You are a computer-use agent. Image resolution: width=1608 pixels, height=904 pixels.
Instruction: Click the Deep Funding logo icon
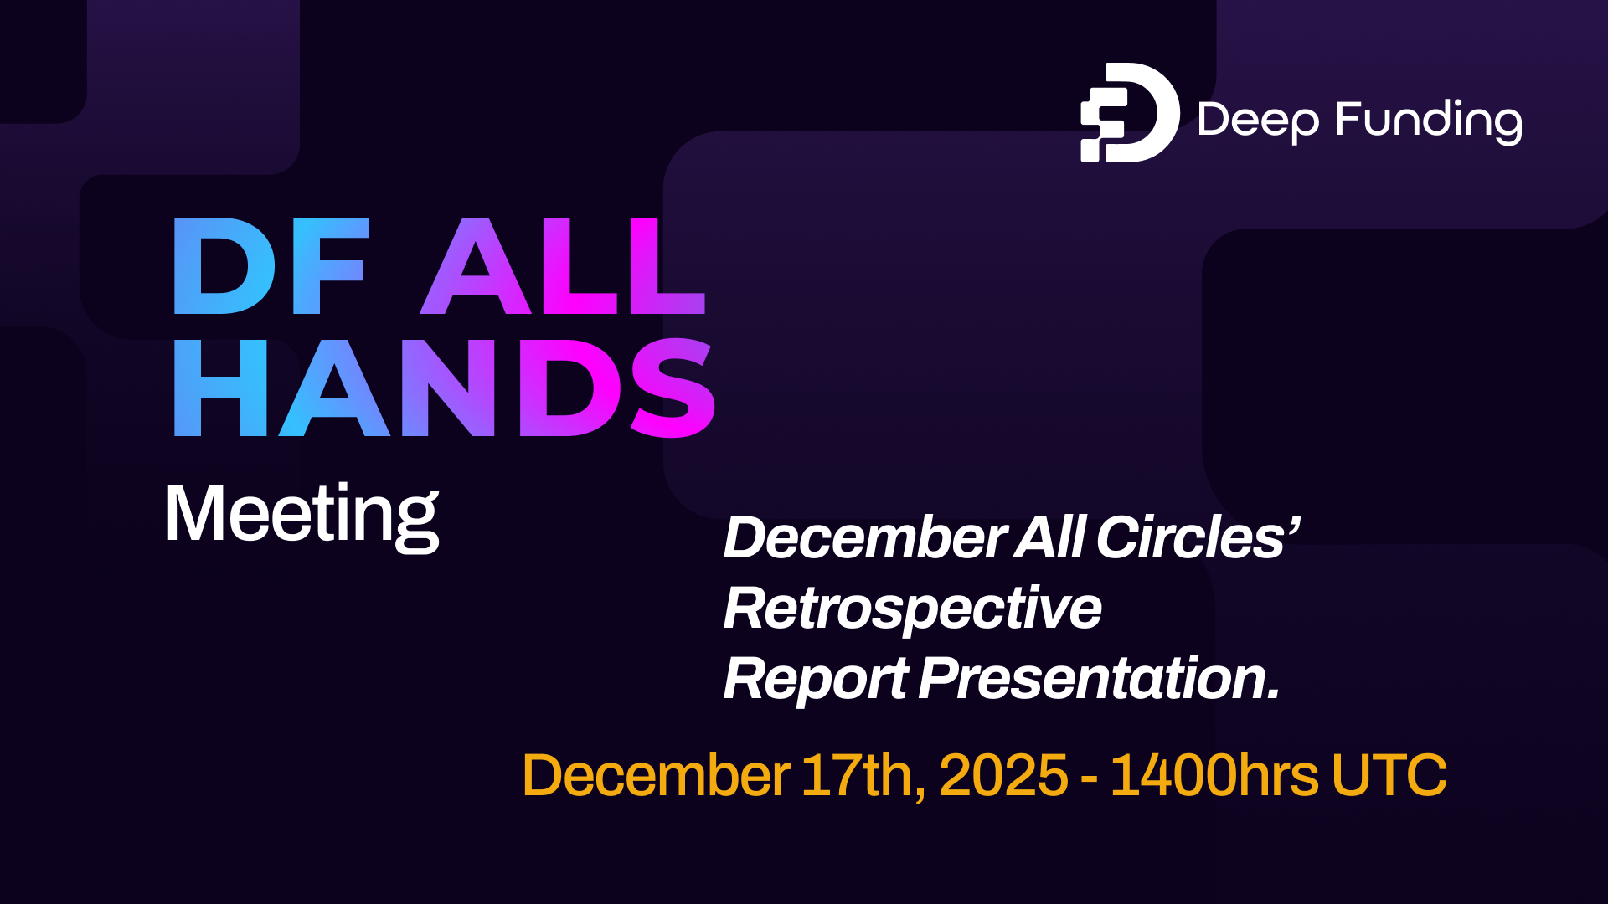(x=1129, y=112)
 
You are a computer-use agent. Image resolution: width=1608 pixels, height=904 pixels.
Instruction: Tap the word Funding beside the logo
(x=1429, y=121)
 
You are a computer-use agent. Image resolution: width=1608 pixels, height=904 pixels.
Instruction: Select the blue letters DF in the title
(x=271, y=267)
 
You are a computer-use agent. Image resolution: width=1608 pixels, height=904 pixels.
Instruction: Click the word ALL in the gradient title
(x=563, y=267)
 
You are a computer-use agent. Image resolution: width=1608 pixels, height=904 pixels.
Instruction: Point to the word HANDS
(x=444, y=388)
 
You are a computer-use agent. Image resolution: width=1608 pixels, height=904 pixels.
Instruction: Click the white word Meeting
(x=301, y=514)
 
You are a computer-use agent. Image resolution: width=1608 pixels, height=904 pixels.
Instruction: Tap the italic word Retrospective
(x=912, y=609)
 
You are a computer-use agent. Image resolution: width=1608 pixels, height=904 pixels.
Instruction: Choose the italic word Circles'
(x=1198, y=537)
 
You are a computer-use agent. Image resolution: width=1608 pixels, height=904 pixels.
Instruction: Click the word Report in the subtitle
(x=816, y=679)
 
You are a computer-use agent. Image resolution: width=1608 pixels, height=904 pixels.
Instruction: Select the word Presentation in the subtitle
(x=1099, y=679)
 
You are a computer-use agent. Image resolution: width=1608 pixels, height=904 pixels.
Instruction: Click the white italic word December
(x=864, y=537)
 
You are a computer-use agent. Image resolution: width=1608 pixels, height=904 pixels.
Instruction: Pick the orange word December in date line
(x=655, y=775)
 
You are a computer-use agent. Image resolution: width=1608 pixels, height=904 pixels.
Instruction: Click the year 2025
(x=1003, y=775)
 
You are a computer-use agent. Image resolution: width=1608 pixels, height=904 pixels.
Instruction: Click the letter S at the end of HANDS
(x=673, y=388)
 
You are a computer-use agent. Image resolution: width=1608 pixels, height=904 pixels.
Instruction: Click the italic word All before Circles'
(x=1050, y=537)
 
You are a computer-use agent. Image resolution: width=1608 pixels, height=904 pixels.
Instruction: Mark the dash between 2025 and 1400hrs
(x=1089, y=778)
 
